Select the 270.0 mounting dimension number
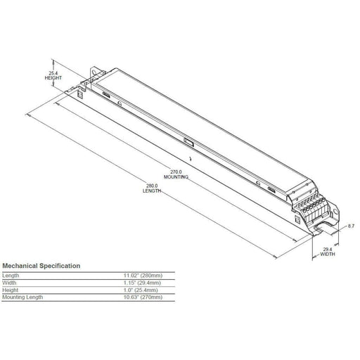176,172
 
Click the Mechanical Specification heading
41,266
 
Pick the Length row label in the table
11,276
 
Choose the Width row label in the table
11,283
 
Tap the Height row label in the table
11,290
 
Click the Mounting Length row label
23,297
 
